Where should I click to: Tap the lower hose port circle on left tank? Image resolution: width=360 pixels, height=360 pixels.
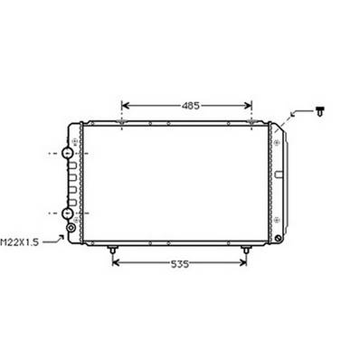pyautogui.click(x=67, y=213)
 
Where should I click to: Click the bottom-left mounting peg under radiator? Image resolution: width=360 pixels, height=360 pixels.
pyautogui.click(x=112, y=249)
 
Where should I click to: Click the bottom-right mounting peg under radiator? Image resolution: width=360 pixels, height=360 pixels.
pyautogui.click(x=245, y=249)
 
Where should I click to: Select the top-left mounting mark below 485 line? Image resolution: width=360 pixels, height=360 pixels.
pyautogui.click(x=122, y=122)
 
